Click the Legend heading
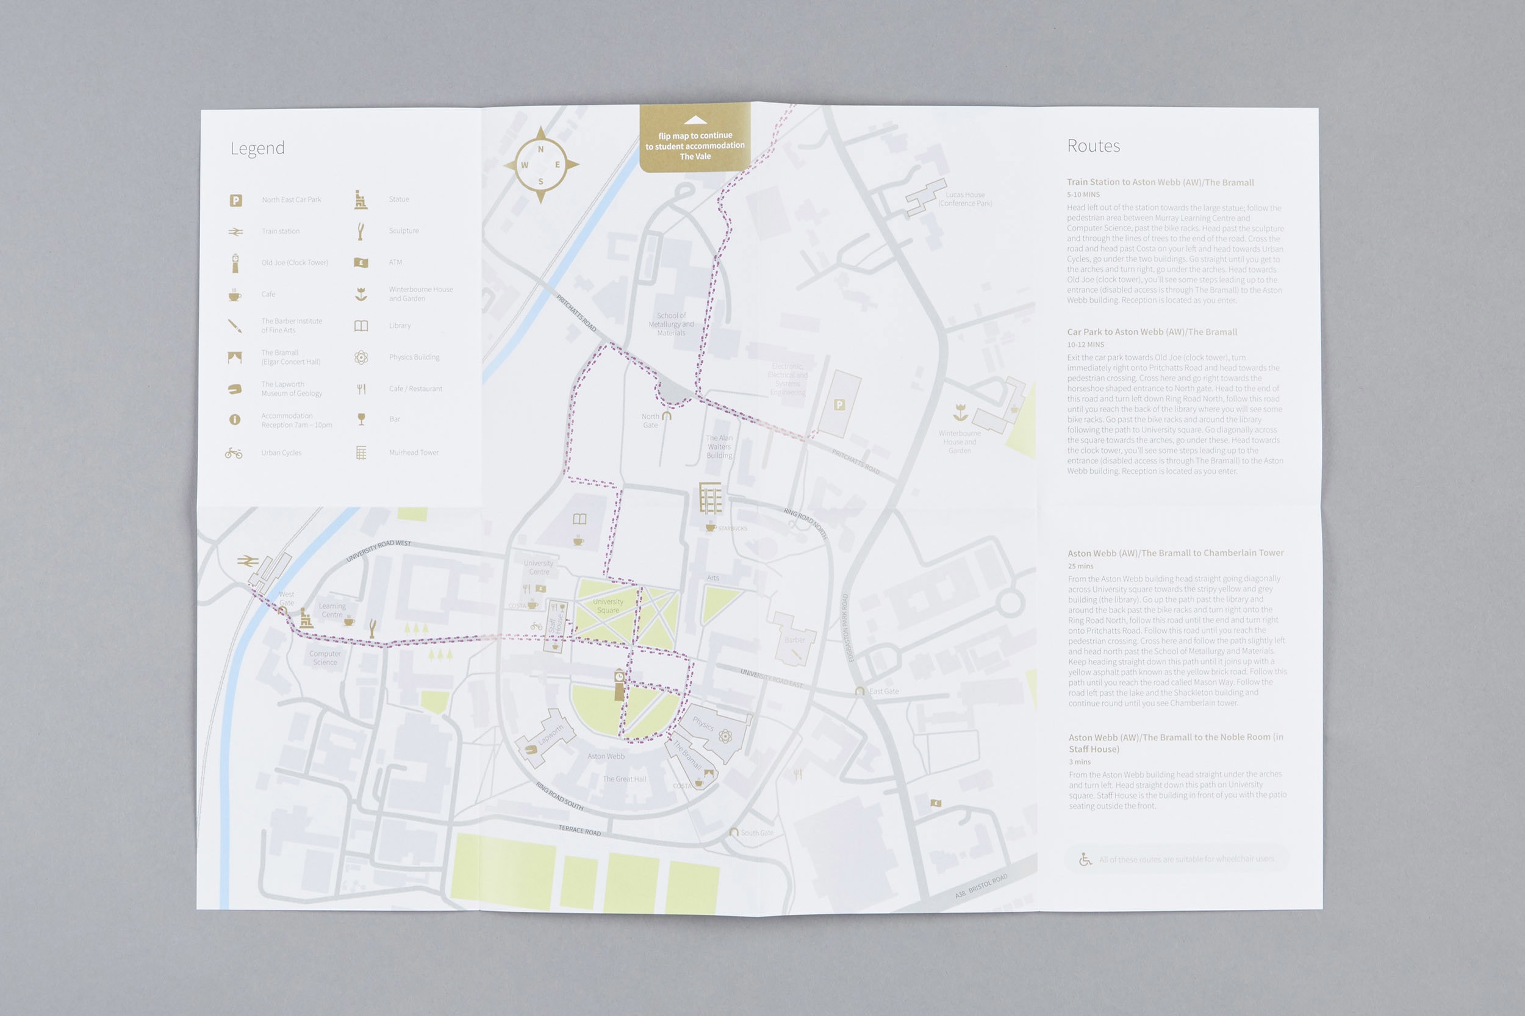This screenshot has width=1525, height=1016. (257, 148)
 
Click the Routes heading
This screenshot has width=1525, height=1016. (1093, 146)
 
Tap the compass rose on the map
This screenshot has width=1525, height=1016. (540, 165)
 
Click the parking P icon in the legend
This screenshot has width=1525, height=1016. (236, 200)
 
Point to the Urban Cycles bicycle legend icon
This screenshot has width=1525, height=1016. (234, 453)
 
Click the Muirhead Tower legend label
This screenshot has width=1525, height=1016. (414, 453)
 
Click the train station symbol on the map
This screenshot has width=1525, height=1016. (248, 561)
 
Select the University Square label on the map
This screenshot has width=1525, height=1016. (608, 606)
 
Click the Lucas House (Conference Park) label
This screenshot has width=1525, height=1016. (964, 199)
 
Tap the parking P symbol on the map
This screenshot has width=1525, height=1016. (839, 405)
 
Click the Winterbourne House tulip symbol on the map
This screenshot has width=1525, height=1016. (960, 412)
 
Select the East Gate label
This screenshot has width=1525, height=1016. (883, 692)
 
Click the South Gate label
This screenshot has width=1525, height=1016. (756, 832)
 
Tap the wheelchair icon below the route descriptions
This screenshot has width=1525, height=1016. (1085, 859)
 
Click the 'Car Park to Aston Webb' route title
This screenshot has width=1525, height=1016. (1152, 332)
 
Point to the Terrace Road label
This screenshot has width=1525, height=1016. (579, 830)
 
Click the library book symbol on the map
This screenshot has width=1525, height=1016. (579, 519)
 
